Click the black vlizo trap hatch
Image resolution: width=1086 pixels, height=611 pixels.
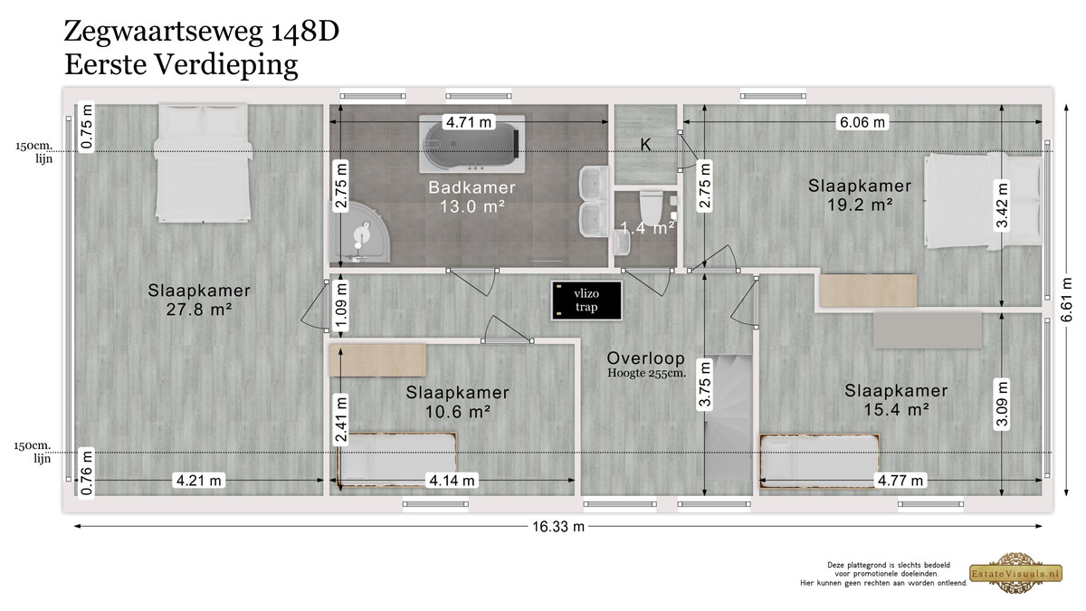[586, 301]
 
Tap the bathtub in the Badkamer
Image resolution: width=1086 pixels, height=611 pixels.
[472, 144]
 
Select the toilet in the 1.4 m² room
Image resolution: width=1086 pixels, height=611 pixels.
[651, 208]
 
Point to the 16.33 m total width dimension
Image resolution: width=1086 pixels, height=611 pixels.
[558, 527]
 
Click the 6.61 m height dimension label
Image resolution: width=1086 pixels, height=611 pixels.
[1066, 300]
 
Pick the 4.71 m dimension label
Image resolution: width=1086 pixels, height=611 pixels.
[469, 122]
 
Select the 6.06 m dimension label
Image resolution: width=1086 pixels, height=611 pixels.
[862, 122]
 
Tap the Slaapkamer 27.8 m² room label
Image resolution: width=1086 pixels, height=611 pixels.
[199, 300]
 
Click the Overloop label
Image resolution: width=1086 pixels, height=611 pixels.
[646, 358]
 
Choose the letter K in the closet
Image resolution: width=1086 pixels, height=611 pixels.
[645, 145]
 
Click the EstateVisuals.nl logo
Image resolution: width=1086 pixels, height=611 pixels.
[1015, 573]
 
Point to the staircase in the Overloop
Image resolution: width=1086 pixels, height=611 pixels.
[729, 418]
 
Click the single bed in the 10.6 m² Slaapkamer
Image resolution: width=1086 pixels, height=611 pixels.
[396, 460]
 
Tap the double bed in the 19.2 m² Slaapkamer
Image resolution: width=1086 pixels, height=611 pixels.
[983, 201]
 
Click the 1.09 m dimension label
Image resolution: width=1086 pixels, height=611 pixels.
[342, 307]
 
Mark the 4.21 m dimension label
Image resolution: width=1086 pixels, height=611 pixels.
[199, 481]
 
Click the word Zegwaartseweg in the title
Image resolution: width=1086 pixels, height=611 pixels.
[164, 32]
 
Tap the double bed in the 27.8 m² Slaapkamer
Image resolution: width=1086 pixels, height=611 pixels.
[203, 163]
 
